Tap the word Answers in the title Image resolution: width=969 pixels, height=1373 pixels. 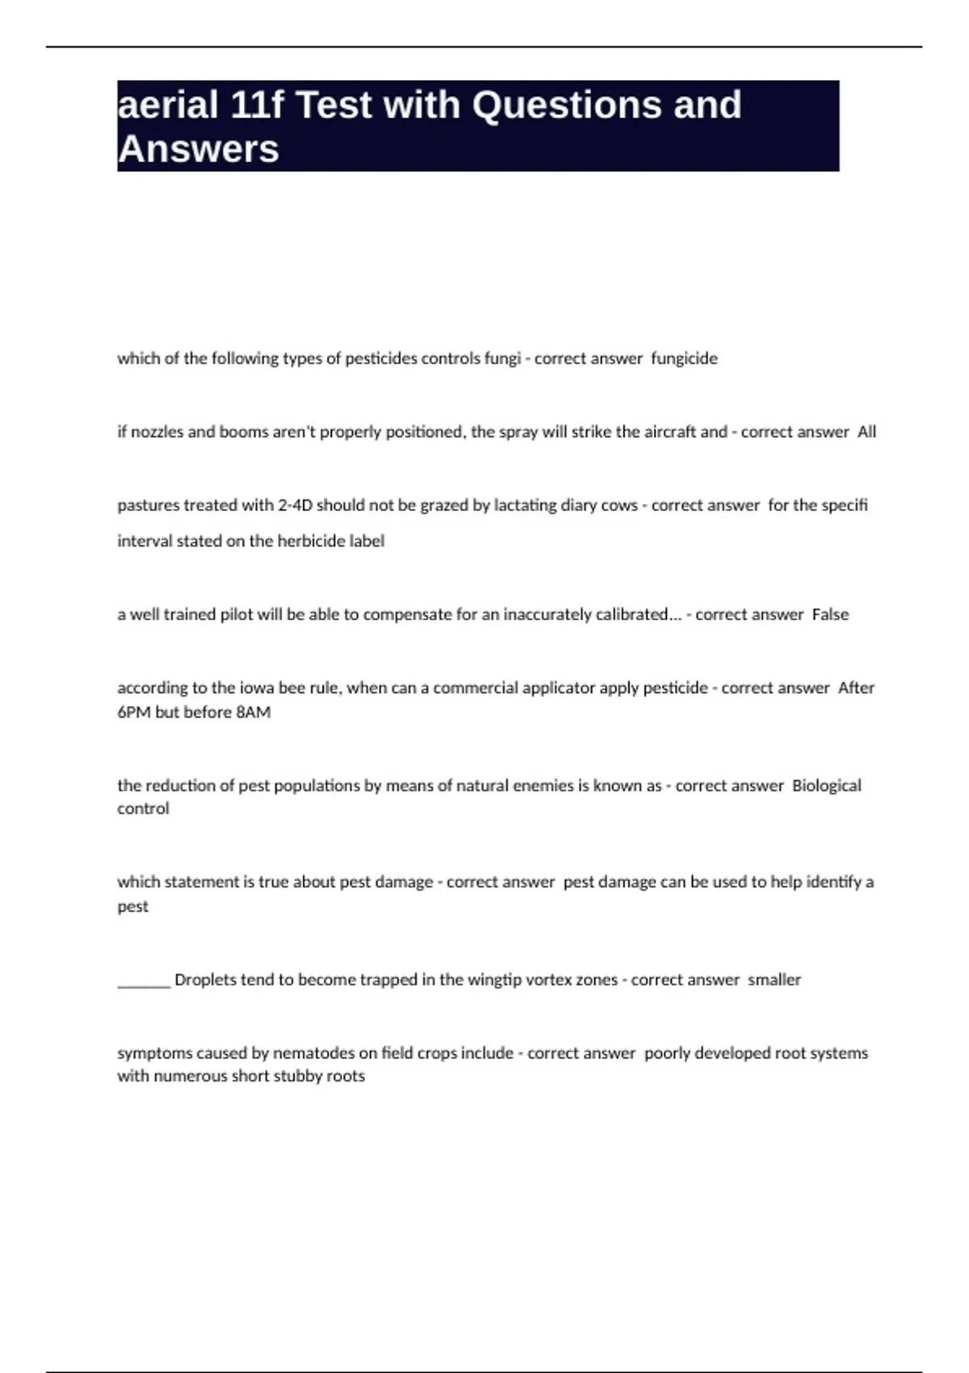point(199,149)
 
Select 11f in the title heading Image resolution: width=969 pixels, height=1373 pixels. point(256,106)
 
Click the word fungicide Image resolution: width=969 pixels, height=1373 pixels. point(684,359)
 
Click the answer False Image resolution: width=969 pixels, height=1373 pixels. point(830,615)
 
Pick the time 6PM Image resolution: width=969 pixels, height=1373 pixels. point(134,712)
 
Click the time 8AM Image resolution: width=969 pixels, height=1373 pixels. point(254,712)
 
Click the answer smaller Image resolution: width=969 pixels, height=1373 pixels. point(774,980)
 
